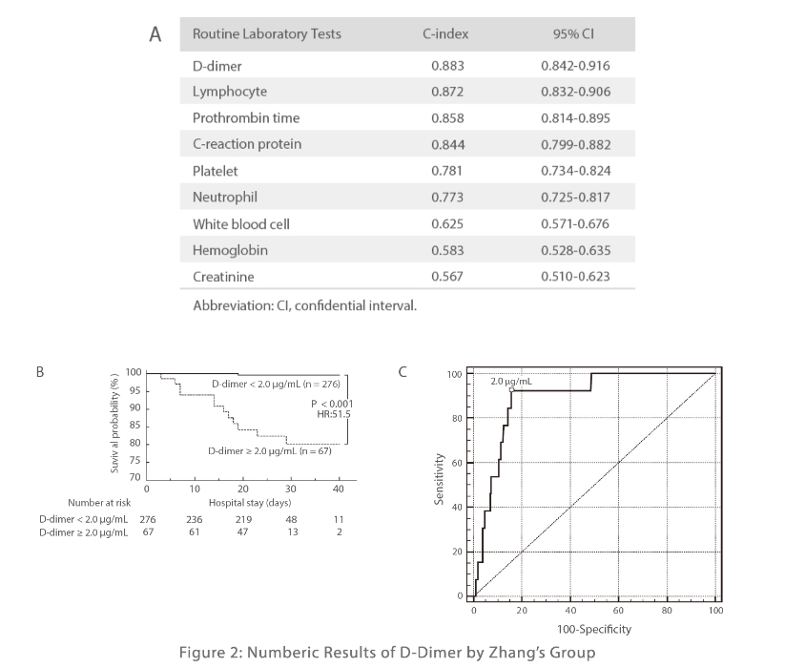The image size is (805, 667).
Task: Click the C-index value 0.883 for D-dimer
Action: tap(445, 66)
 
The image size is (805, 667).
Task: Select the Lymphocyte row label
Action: tap(230, 92)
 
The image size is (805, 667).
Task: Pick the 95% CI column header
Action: tap(574, 34)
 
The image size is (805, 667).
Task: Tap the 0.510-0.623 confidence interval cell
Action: tap(575, 277)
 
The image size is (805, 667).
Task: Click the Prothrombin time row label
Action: tap(246, 118)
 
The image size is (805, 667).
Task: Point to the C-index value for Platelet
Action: tap(445, 172)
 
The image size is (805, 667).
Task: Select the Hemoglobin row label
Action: tap(230, 250)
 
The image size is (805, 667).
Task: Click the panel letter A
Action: tap(155, 34)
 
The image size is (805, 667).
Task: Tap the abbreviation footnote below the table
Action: tap(304, 306)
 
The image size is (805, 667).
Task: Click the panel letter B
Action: tap(40, 372)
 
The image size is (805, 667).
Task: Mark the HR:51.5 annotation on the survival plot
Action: tap(334, 415)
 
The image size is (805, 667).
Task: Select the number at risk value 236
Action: tap(195, 519)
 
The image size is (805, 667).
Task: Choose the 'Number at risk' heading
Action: tap(98, 502)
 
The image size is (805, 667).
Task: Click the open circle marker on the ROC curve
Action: tap(512, 389)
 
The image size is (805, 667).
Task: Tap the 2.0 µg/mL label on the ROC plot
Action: tap(511, 381)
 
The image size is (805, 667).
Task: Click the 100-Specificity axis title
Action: tap(594, 629)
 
